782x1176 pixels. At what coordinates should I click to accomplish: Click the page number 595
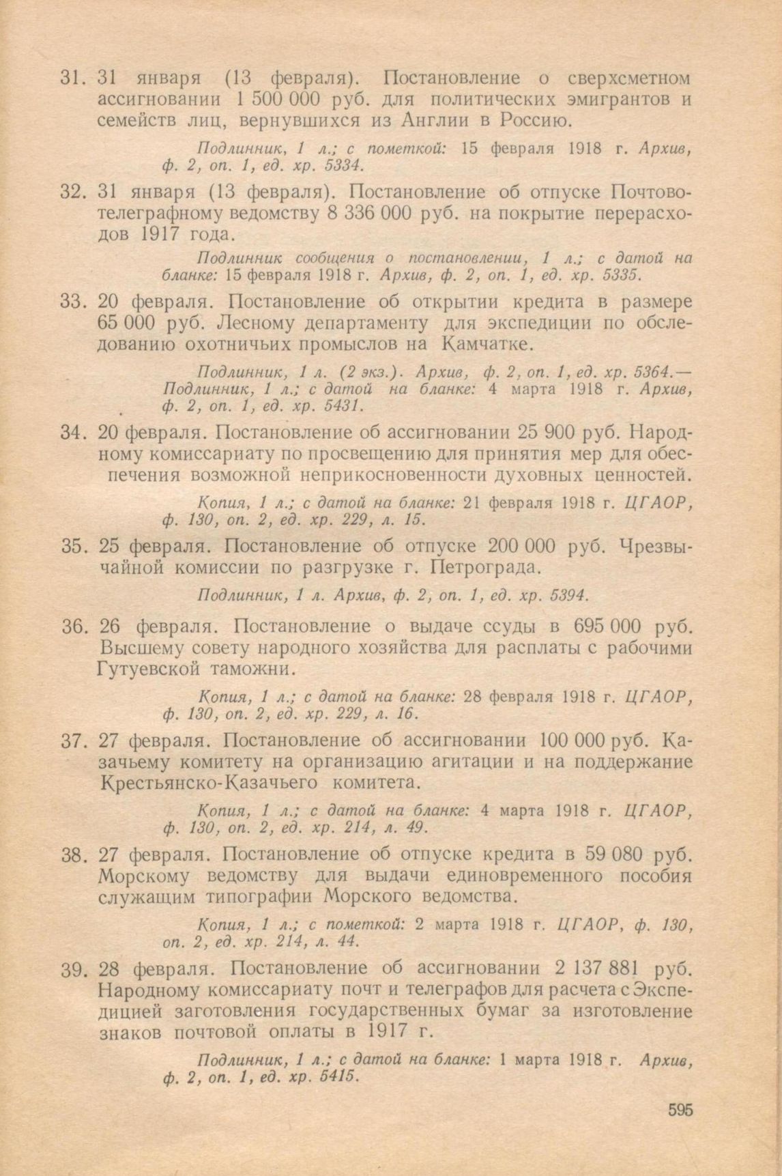tap(680, 1110)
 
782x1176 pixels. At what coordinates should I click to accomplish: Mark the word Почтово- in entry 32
tap(652, 192)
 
